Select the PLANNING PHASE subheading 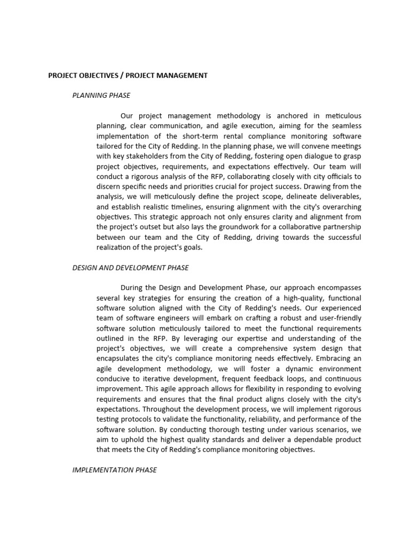[101, 96]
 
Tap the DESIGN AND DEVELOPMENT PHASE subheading [130, 268]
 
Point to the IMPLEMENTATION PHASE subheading [114, 470]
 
